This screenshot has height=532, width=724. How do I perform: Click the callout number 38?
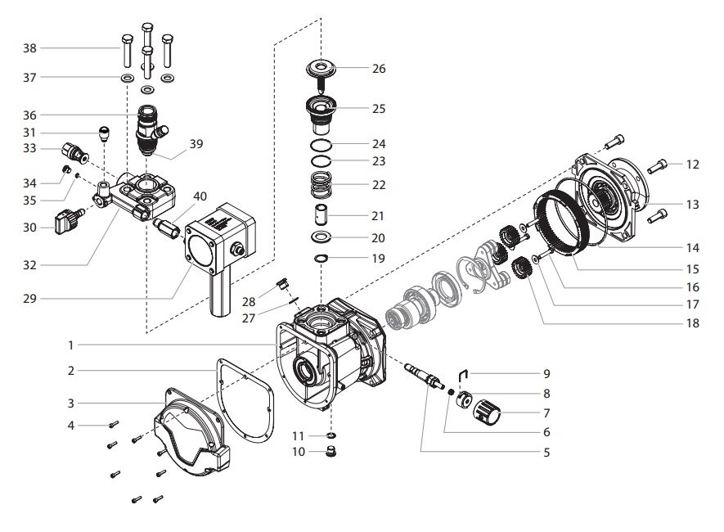click(29, 48)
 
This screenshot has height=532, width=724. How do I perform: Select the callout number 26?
click(379, 69)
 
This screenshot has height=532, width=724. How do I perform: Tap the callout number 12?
click(692, 165)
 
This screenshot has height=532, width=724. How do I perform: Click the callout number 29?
click(29, 299)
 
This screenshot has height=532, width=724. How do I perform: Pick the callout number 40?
click(200, 196)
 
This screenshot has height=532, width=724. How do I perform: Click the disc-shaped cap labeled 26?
click(322, 68)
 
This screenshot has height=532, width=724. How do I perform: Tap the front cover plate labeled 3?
click(188, 430)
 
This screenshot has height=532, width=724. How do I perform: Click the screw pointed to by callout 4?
click(114, 423)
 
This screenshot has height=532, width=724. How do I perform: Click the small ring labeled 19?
click(322, 259)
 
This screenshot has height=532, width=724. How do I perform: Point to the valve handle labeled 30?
click(65, 220)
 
